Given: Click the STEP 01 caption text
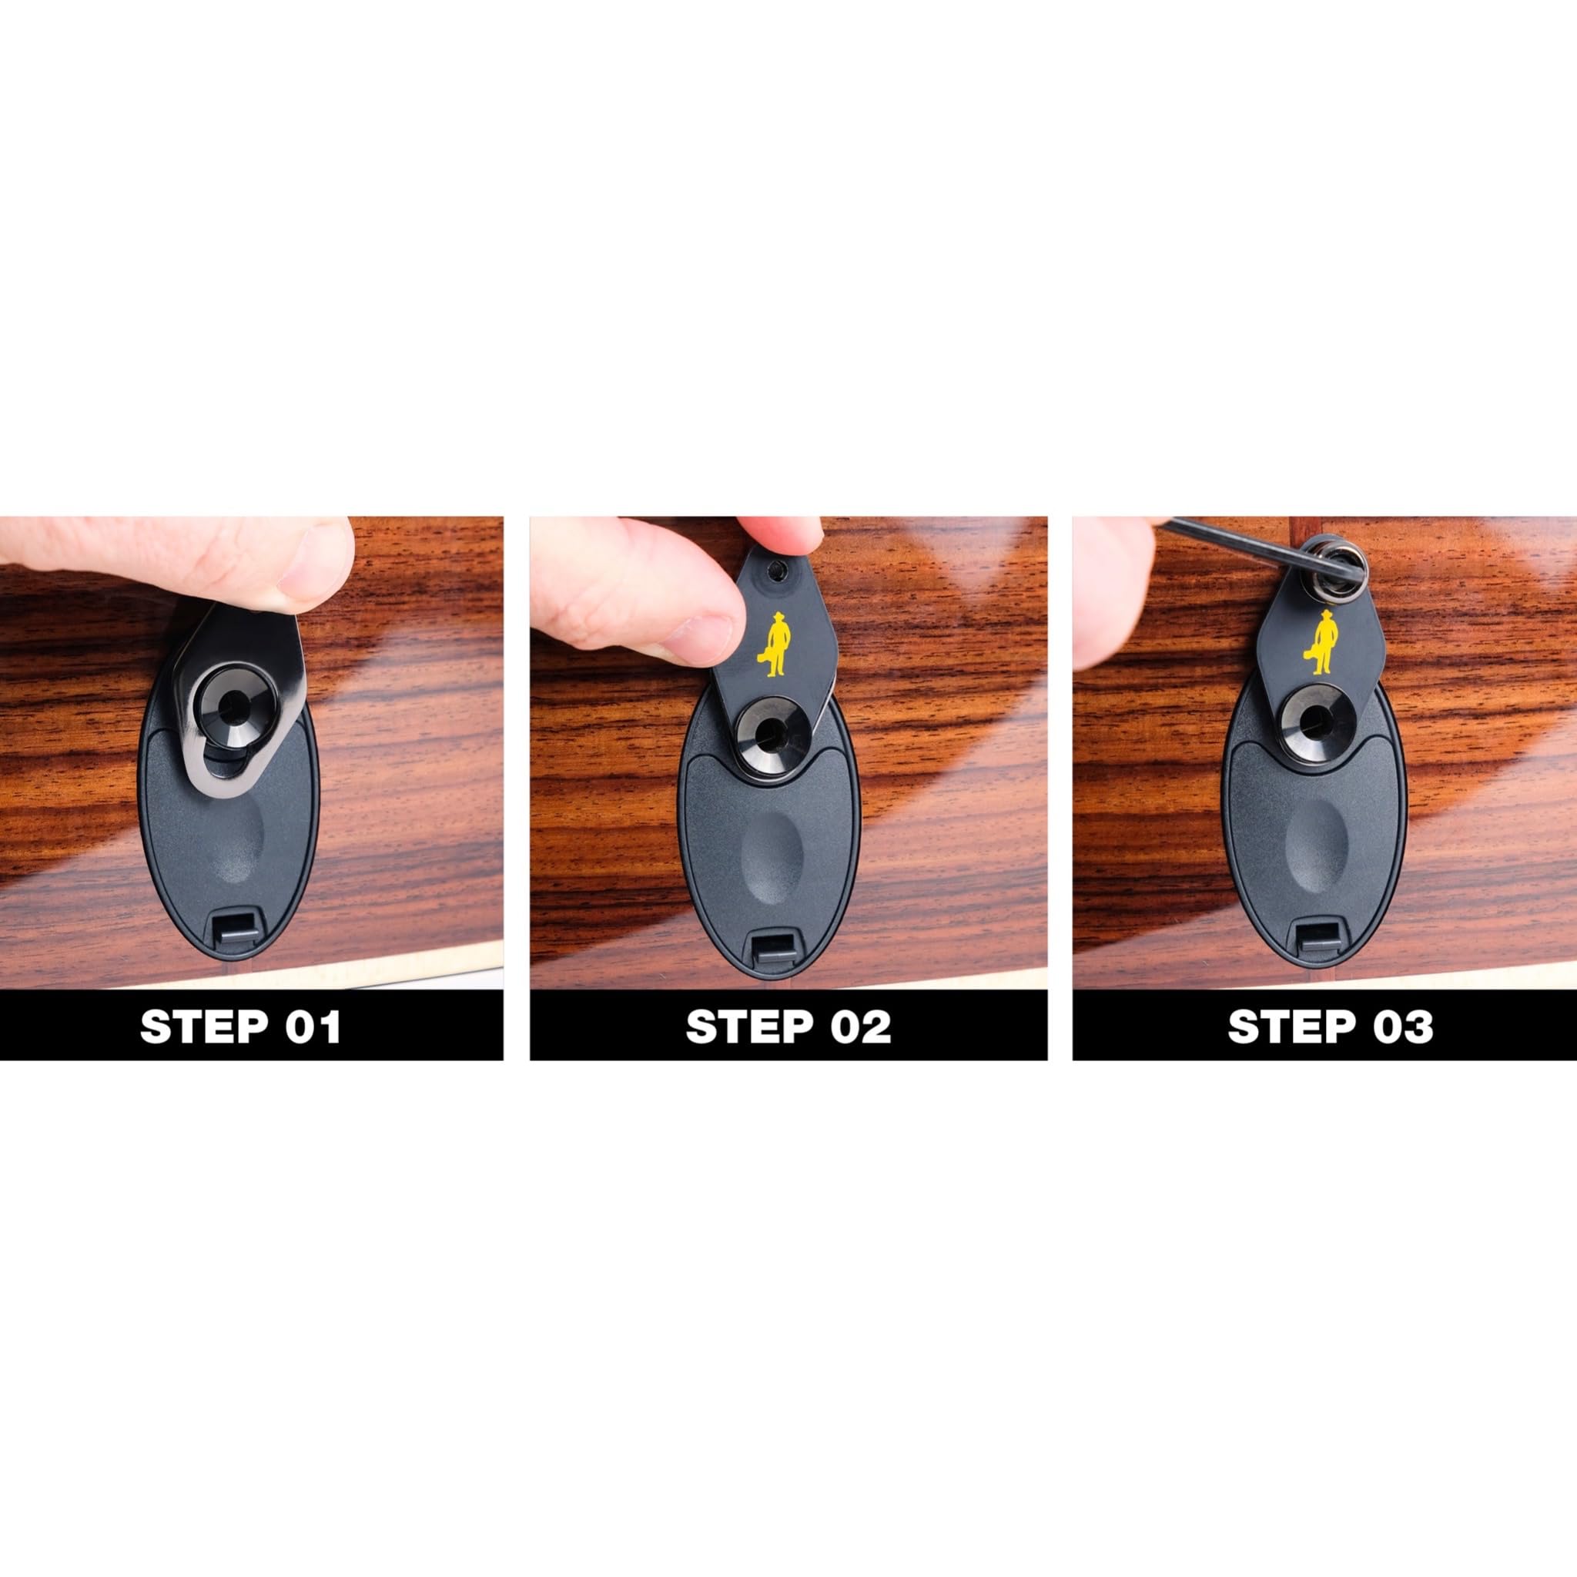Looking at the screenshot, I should pos(240,1027).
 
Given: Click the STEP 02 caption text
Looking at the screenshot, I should pos(788,1027).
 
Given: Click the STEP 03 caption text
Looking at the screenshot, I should pos(1331,1027).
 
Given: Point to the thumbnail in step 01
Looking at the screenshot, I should pos(314,563).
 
